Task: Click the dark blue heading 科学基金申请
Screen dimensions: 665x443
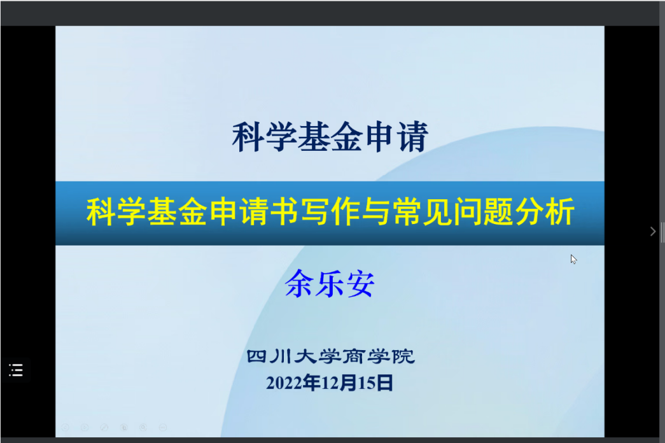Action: click(330, 137)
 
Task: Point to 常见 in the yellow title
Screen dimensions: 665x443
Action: click(423, 212)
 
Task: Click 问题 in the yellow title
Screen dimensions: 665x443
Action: click(484, 212)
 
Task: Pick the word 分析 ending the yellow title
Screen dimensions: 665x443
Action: click(545, 212)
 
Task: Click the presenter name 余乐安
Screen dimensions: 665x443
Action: click(330, 283)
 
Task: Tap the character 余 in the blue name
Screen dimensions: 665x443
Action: click(300, 283)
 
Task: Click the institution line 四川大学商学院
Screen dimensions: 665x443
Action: click(330, 356)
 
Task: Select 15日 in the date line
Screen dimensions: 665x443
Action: click(375, 383)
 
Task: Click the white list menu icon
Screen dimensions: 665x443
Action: click(16, 370)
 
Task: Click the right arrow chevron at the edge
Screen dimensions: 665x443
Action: click(653, 231)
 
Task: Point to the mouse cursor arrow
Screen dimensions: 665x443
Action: click(573, 259)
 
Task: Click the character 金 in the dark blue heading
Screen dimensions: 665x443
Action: click(346, 137)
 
